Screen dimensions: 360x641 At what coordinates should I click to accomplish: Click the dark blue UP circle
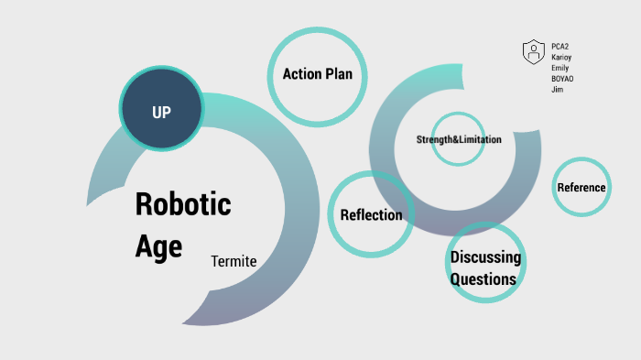(x=161, y=111)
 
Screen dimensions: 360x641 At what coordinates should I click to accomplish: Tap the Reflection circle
(x=371, y=214)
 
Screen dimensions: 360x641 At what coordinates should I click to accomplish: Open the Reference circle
(x=581, y=187)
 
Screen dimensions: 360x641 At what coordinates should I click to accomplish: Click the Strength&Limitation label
(x=459, y=139)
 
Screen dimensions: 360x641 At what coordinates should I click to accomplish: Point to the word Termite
(x=234, y=261)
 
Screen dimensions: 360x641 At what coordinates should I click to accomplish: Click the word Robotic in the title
(x=183, y=203)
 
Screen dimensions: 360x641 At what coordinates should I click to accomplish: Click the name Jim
(x=557, y=90)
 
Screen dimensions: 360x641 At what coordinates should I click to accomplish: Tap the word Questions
(x=483, y=279)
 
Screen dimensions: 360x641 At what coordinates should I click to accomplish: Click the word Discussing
(x=485, y=257)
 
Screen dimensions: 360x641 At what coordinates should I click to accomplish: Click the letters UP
(x=161, y=112)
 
